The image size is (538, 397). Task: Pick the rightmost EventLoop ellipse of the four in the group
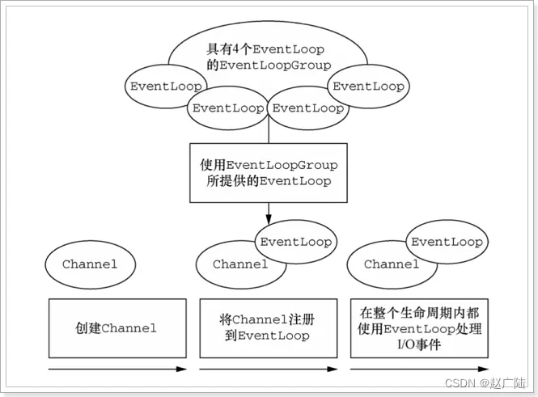[368, 87]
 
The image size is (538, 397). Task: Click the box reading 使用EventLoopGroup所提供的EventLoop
[269, 173]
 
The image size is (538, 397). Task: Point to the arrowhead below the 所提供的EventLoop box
[269, 218]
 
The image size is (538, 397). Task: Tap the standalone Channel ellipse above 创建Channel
[89, 264]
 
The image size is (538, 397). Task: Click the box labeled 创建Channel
[117, 328]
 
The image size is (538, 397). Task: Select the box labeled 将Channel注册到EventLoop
[269, 328]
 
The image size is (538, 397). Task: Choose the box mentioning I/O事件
[419, 328]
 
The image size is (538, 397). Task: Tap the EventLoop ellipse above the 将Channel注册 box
[295, 242]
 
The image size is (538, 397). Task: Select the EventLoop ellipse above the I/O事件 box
[447, 242]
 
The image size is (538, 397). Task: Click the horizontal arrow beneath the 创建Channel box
[117, 370]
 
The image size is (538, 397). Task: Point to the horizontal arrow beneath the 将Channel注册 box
[269, 370]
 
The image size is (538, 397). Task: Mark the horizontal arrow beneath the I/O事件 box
[419, 370]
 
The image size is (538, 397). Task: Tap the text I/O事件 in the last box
[419, 344]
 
